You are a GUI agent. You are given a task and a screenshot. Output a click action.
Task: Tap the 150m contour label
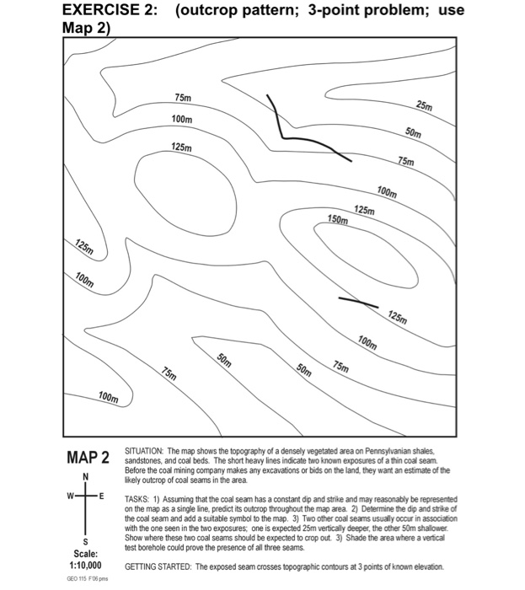tap(337, 220)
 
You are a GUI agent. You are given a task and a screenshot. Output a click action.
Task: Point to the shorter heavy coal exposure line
tap(358, 301)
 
